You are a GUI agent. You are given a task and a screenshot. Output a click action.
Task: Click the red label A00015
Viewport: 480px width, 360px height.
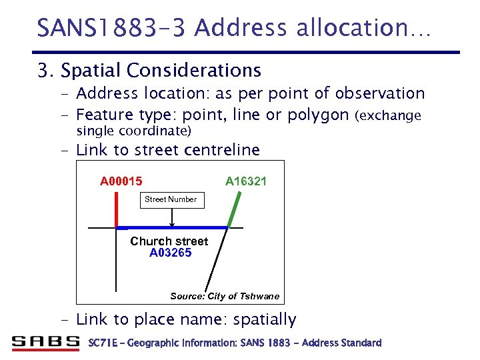(x=121, y=181)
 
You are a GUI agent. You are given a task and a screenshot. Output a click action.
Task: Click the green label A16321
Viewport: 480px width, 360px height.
(x=246, y=181)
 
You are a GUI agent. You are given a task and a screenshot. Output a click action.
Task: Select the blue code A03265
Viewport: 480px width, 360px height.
(x=170, y=253)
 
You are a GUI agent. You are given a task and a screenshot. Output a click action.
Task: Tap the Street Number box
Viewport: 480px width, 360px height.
(x=171, y=199)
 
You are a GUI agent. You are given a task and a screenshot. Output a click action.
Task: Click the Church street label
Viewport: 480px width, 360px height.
(x=169, y=241)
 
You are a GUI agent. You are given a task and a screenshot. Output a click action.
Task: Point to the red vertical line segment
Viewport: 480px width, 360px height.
(x=116, y=210)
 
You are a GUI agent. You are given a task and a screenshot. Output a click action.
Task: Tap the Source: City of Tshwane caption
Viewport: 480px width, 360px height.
(x=225, y=296)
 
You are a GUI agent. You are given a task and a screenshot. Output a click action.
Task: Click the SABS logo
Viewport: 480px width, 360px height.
(x=45, y=343)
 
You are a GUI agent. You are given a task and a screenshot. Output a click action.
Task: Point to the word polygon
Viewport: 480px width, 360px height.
(x=317, y=115)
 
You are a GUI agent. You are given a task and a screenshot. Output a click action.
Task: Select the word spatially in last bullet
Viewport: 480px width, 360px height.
(x=264, y=319)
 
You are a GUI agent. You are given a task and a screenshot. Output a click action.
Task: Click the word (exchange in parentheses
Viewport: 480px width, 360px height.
(x=390, y=115)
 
